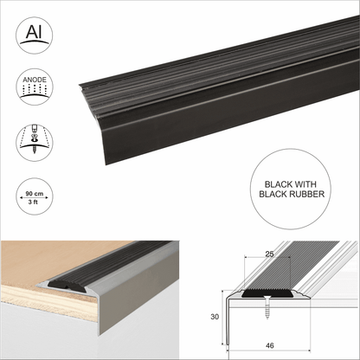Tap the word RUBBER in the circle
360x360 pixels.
[x=291, y=195]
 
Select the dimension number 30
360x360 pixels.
[x=217, y=318]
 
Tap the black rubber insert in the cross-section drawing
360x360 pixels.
[x=270, y=292]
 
